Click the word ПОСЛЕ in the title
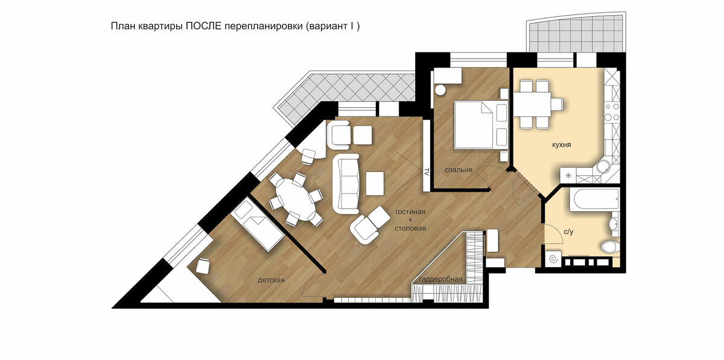(x=203, y=26)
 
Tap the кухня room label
(x=562, y=145)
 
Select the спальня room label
(x=459, y=170)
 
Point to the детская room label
(x=271, y=280)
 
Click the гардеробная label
(x=440, y=279)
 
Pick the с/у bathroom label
(x=568, y=232)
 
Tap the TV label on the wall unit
(x=427, y=172)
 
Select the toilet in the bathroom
(x=610, y=247)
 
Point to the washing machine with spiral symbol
(x=553, y=259)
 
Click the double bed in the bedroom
(x=481, y=125)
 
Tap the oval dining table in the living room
(x=296, y=200)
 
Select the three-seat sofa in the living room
(x=346, y=183)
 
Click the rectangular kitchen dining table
(x=532, y=104)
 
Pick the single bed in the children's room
(x=258, y=226)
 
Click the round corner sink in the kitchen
(x=603, y=167)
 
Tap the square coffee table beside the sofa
(x=375, y=183)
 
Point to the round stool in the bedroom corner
(x=440, y=90)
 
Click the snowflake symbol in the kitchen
(x=568, y=176)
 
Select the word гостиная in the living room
(x=410, y=212)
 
